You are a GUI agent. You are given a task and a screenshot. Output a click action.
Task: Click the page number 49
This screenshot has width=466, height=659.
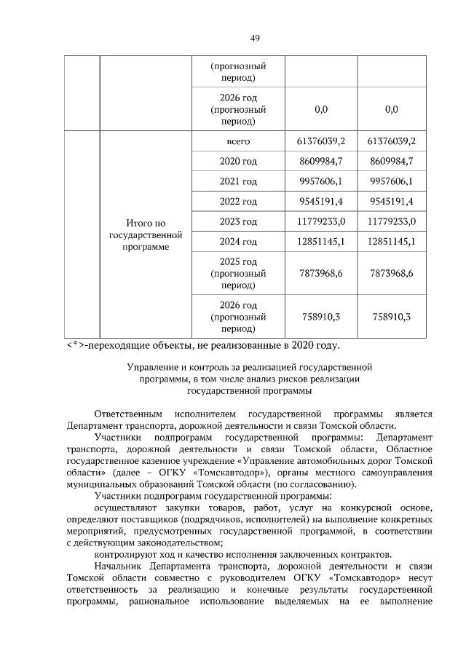click(255, 38)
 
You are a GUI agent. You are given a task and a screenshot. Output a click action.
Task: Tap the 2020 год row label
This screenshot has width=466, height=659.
click(238, 161)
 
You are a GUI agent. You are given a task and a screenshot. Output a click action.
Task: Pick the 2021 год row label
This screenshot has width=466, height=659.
click(238, 181)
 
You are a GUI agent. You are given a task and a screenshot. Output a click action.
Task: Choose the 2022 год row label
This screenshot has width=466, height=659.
click(238, 202)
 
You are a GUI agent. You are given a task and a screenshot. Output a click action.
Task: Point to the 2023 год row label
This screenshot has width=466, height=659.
click(238, 221)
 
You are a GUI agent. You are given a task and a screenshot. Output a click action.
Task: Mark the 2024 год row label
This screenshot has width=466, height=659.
click(238, 242)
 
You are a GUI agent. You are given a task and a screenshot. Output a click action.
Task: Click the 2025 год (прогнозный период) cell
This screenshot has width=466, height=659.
click(238, 273)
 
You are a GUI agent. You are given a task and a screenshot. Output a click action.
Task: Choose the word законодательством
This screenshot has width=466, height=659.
click(169, 542)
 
